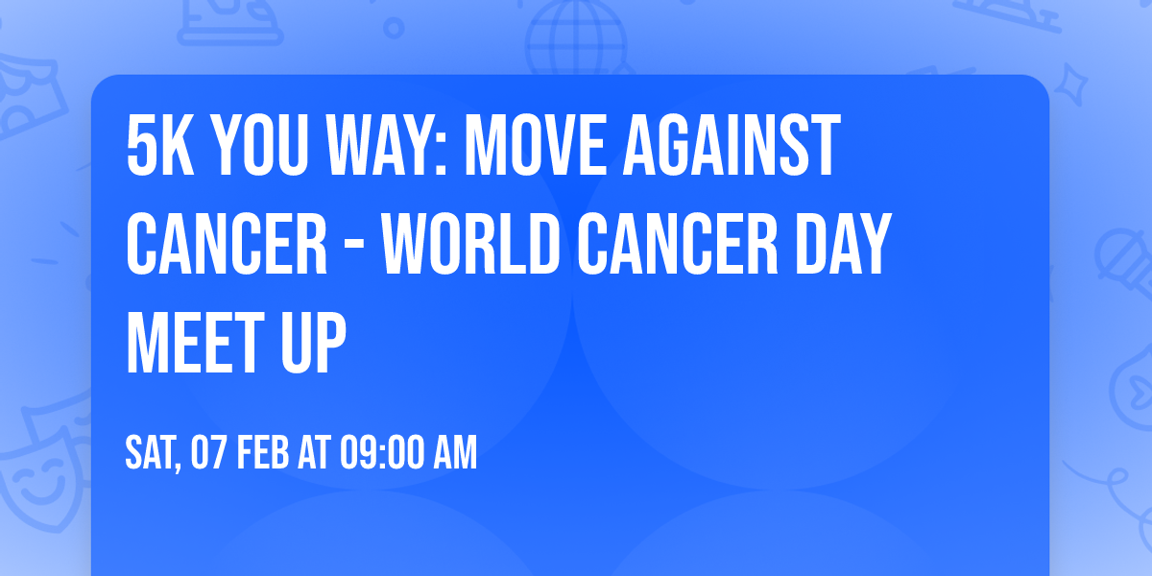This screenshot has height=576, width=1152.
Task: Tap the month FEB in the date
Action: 263,453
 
